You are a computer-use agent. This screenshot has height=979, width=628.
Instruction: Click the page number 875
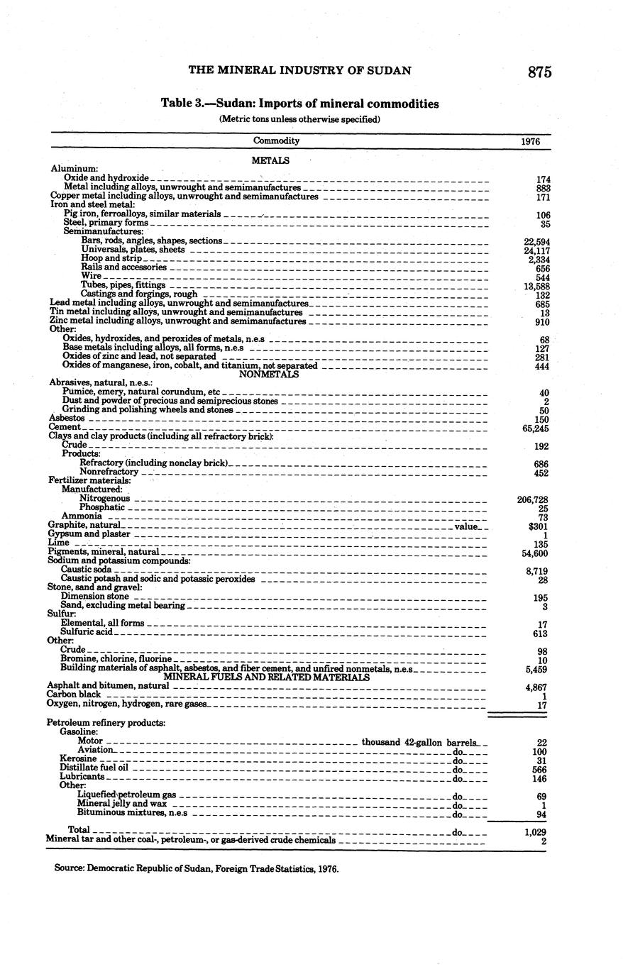click(x=539, y=72)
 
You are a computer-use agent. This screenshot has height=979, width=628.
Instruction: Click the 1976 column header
click(x=530, y=141)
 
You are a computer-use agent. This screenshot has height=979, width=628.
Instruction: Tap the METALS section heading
click(x=270, y=161)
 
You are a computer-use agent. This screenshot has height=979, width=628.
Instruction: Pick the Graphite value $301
click(x=538, y=526)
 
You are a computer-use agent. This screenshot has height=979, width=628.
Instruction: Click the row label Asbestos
click(x=67, y=419)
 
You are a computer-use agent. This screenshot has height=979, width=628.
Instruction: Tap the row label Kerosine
click(x=78, y=759)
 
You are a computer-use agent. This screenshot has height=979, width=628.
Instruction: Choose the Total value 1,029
click(x=534, y=831)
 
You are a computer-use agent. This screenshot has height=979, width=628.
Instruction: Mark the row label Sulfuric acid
click(x=87, y=632)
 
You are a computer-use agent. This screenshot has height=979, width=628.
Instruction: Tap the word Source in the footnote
click(x=69, y=868)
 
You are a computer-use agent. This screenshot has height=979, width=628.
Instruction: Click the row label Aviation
click(x=94, y=750)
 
